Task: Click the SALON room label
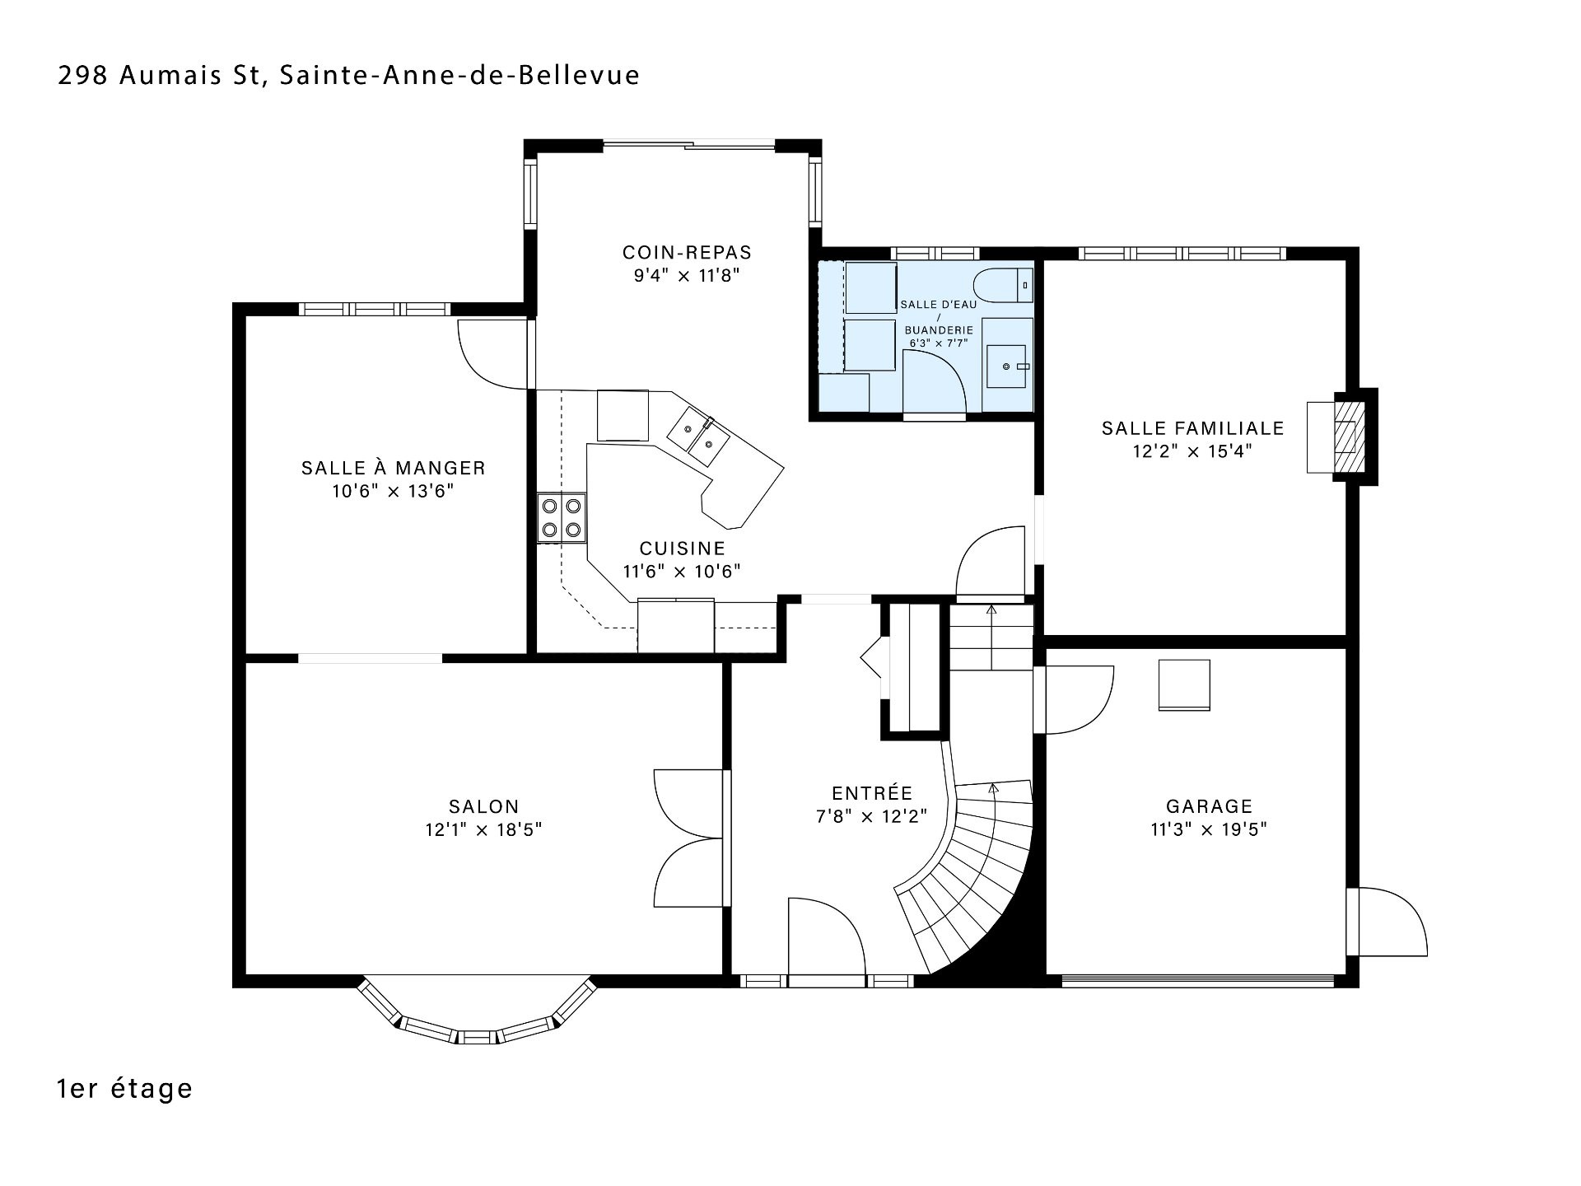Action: click(x=483, y=807)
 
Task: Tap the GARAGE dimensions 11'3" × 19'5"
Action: click(x=1208, y=829)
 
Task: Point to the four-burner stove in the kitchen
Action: click(x=562, y=517)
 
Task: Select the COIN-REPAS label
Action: click(x=687, y=252)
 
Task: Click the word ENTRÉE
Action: click(x=872, y=793)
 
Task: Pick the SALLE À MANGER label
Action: click(x=394, y=469)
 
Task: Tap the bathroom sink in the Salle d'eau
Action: click(x=1007, y=365)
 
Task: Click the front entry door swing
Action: click(x=826, y=936)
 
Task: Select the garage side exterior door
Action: click(x=1387, y=922)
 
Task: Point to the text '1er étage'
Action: click(x=125, y=1089)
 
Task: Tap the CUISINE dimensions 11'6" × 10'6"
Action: click(x=682, y=571)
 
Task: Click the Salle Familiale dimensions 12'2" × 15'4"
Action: click(x=1192, y=451)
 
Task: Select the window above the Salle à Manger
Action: click(x=375, y=310)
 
